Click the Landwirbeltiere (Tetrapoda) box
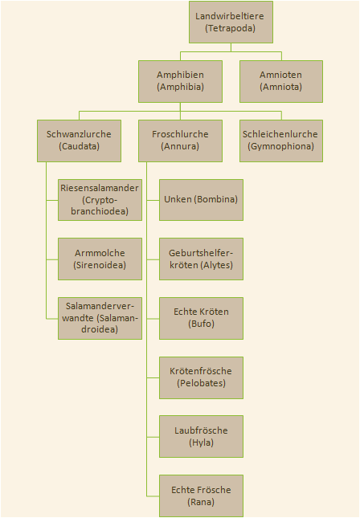(231, 22)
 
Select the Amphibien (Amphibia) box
(180, 81)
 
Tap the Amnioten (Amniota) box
(281, 81)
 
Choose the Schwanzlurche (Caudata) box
(79, 141)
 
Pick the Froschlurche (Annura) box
(180, 141)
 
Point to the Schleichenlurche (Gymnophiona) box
(281, 141)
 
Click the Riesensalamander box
(100, 200)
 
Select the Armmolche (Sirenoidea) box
(100, 259)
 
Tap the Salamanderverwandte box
(100, 318)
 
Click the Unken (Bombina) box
(201, 200)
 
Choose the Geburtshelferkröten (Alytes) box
(201, 259)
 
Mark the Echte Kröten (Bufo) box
(201, 318)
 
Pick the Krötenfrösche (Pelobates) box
(201, 377)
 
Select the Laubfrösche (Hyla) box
(201, 436)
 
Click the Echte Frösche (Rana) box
(201, 496)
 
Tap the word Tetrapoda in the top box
(231, 28)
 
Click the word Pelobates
(201, 383)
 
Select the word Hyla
(201, 443)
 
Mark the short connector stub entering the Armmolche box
(52, 259)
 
